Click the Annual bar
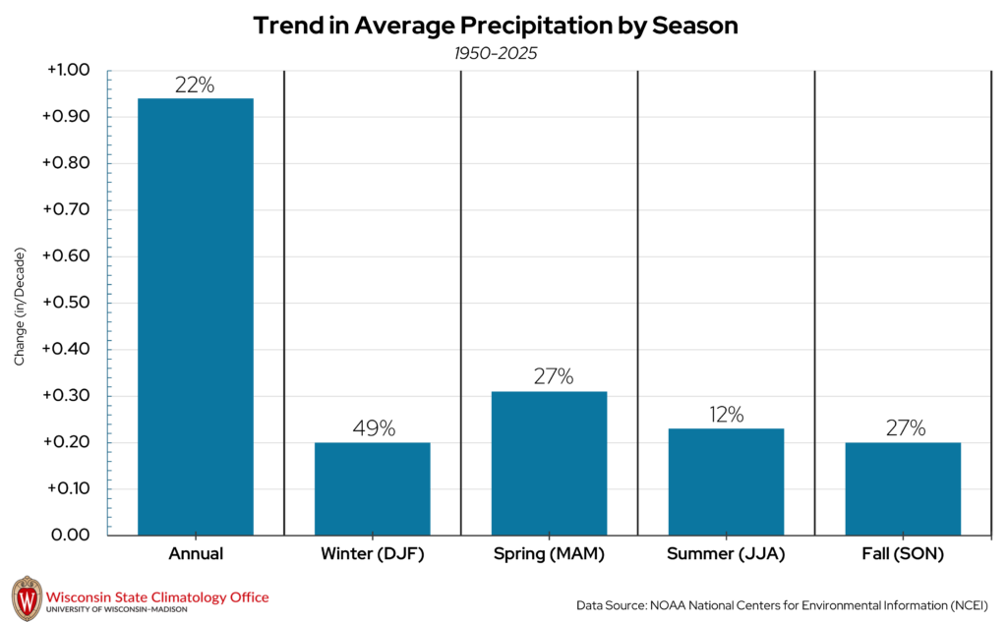coord(195,316)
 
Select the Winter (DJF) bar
coord(372,488)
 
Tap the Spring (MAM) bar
coord(549,463)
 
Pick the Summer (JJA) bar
coord(726,481)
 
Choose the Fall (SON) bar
coord(903,488)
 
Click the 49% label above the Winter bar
coord(373,428)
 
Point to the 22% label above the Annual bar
coord(195,85)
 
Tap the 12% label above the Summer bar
coord(726,415)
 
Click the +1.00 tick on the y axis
coord(67,71)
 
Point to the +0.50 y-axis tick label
coord(67,303)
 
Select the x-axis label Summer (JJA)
coord(726,554)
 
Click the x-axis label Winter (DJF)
coord(372,554)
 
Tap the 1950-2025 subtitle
coord(496,54)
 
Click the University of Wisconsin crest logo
coord(27,597)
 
